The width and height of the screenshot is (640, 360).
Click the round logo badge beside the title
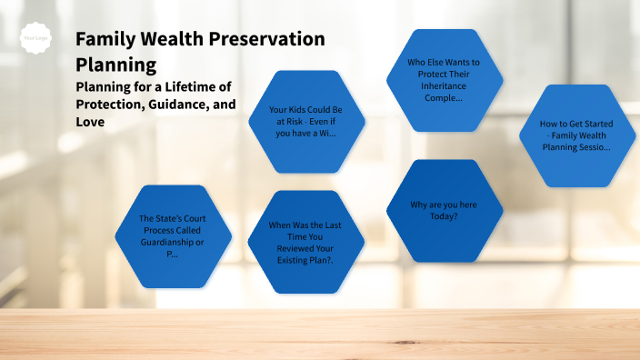coord(35,39)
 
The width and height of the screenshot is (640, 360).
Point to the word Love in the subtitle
coord(91,121)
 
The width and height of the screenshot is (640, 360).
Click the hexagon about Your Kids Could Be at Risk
coord(305,121)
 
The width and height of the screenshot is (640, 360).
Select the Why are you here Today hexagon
coord(445,210)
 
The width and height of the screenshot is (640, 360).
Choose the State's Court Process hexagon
coord(173,236)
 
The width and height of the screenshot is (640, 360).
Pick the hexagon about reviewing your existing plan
coord(305,242)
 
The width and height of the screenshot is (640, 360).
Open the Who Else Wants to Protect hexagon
coord(445,80)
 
